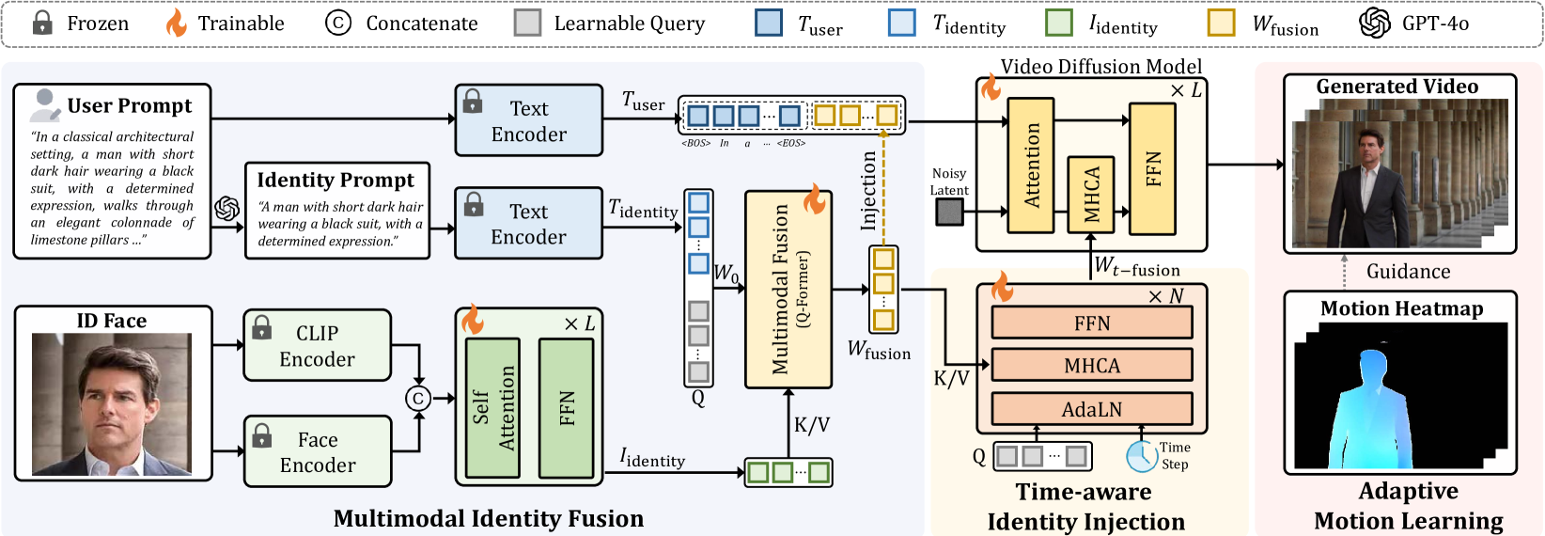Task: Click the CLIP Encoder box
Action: (318, 346)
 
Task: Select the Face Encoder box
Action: (318, 452)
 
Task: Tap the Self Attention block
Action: (492, 408)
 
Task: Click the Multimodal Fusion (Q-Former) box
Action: (788, 290)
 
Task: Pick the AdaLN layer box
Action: (1092, 409)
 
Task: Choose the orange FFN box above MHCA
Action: (1092, 323)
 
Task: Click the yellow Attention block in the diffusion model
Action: (1030, 166)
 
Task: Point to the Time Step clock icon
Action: (1142, 456)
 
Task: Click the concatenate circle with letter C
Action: (418, 399)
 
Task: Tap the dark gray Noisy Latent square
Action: (949, 212)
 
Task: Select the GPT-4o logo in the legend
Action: (1375, 23)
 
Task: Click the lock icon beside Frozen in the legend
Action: (42, 23)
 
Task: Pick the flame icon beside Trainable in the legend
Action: (177, 23)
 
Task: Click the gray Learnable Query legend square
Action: (527, 23)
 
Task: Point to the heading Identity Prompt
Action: (336, 180)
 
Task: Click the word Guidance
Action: (1409, 271)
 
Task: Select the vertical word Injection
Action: (868, 190)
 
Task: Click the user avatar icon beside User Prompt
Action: (45, 105)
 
